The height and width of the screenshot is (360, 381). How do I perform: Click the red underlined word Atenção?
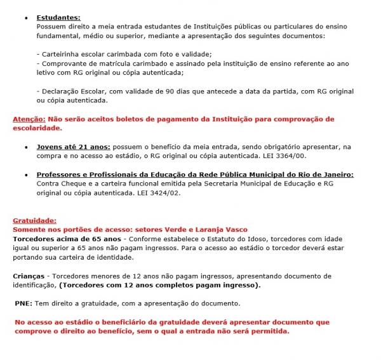point(29,119)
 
